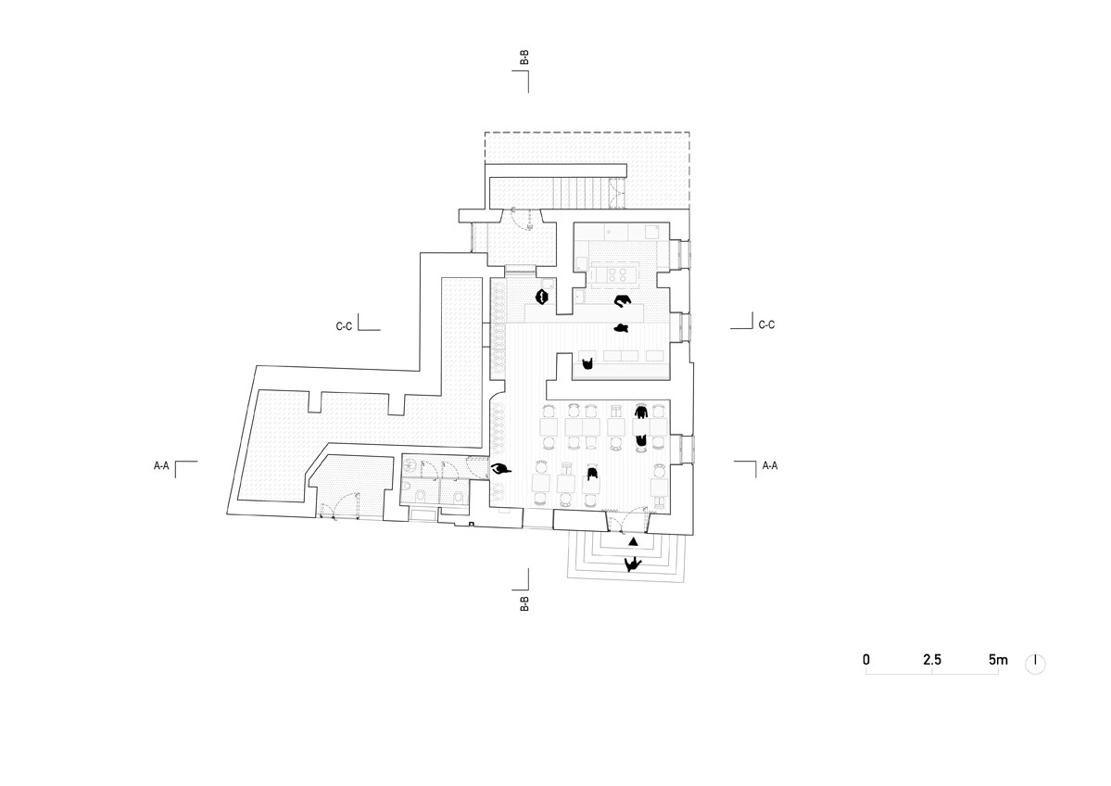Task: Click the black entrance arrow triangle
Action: tap(634, 542)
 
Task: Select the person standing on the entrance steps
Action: tap(633, 564)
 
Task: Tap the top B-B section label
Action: tap(524, 57)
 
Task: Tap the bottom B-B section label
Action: tap(524, 603)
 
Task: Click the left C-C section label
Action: tap(344, 327)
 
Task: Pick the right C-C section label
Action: tap(766, 324)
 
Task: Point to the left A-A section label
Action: tap(161, 465)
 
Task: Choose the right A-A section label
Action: tap(770, 465)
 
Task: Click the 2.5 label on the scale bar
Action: tap(932, 660)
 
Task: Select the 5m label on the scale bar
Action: tap(998, 660)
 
